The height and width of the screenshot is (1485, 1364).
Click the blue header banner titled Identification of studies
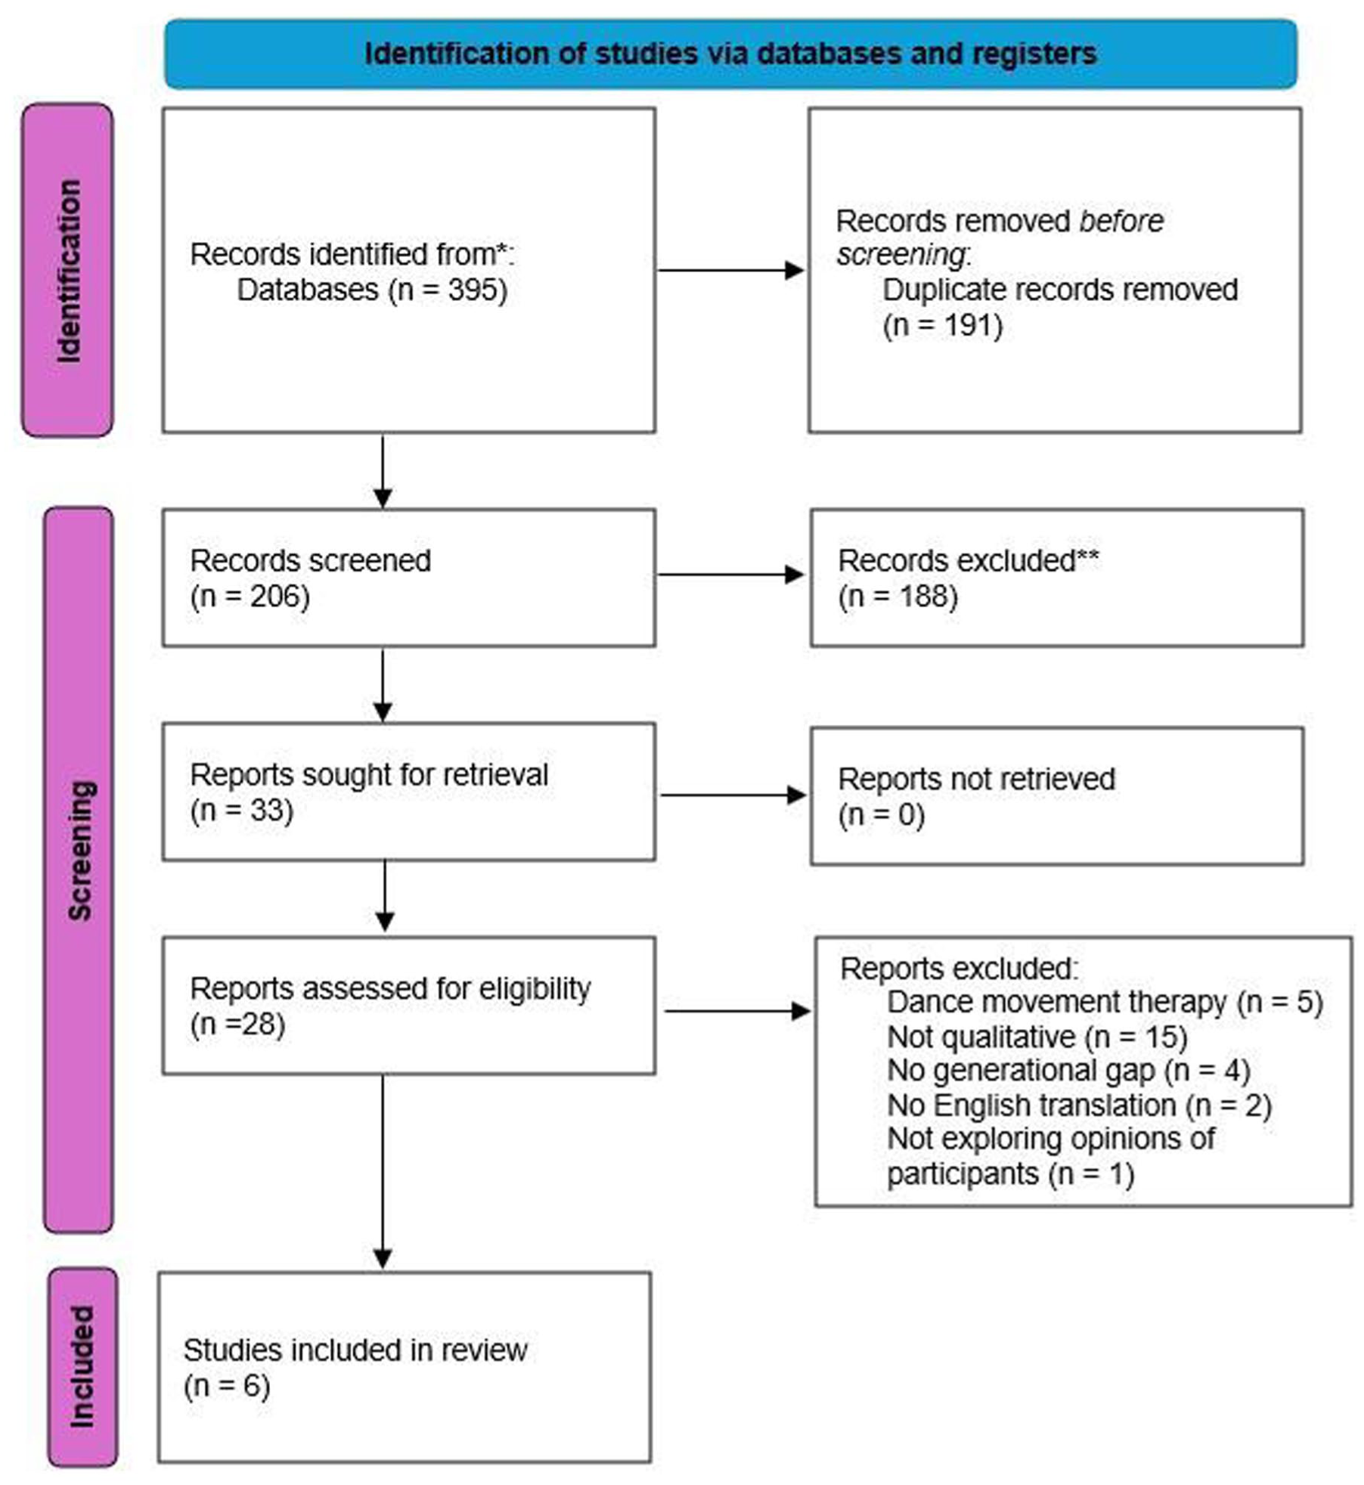tap(730, 54)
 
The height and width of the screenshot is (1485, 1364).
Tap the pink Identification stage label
tap(67, 271)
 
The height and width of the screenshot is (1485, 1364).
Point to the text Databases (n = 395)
tap(372, 290)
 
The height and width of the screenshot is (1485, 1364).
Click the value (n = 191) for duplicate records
tap(943, 326)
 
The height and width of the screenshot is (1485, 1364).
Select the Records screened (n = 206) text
tap(311, 578)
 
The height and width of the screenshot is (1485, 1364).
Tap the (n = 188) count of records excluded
tap(898, 597)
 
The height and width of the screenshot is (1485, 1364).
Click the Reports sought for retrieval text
tap(370, 775)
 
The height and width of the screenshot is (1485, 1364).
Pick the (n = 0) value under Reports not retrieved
tap(882, 815)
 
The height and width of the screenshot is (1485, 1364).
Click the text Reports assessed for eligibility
tap(391, 989)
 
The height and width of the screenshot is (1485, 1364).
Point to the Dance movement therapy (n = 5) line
tap(1105, 1003)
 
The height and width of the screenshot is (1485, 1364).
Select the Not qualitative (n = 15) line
tap(1037, 1037)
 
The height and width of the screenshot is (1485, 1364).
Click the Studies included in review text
tap(355, 1350)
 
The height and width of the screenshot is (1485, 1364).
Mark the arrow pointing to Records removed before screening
tap(731, 270)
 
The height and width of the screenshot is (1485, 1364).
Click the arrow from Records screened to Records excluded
tap(731, 575)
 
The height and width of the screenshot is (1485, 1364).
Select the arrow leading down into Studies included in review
tap(383, 1172)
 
